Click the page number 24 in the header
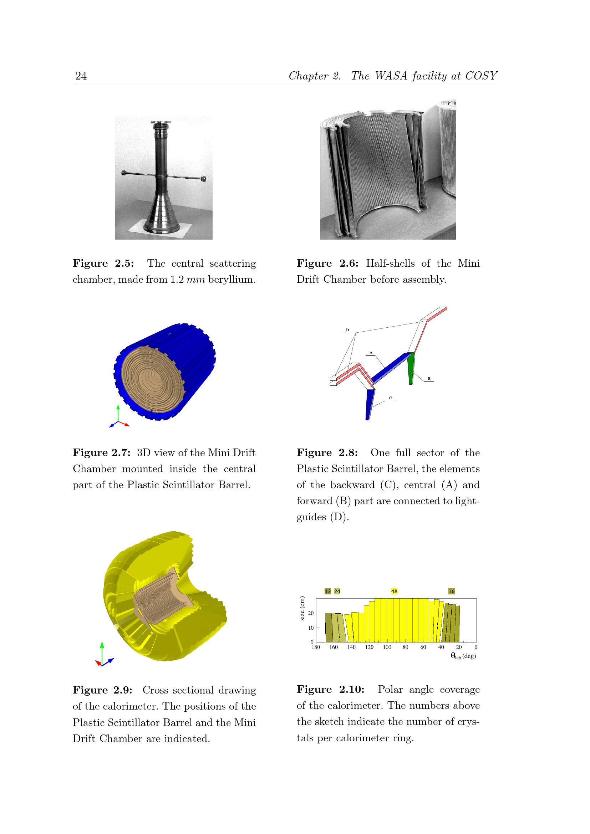click(x=81, y=76)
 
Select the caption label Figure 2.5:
click(x=103, y=263)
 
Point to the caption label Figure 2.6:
click(x=327, y=263)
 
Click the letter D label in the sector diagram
click(x=347, y=330)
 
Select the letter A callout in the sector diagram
click(x=371, y=353)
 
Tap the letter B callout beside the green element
click(x=429, y=379)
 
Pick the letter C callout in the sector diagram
click(x=391, y=398)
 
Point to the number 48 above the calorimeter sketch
click(x=394, y=591)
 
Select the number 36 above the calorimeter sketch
click(x=452, y=591)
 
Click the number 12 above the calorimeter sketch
click(x=328, y=591)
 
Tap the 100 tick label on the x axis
click(x=387, y=647)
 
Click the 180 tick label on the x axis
click(x=316, y=647)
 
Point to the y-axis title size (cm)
click(x=302, y=608)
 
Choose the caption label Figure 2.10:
click(x=331, y=690)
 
